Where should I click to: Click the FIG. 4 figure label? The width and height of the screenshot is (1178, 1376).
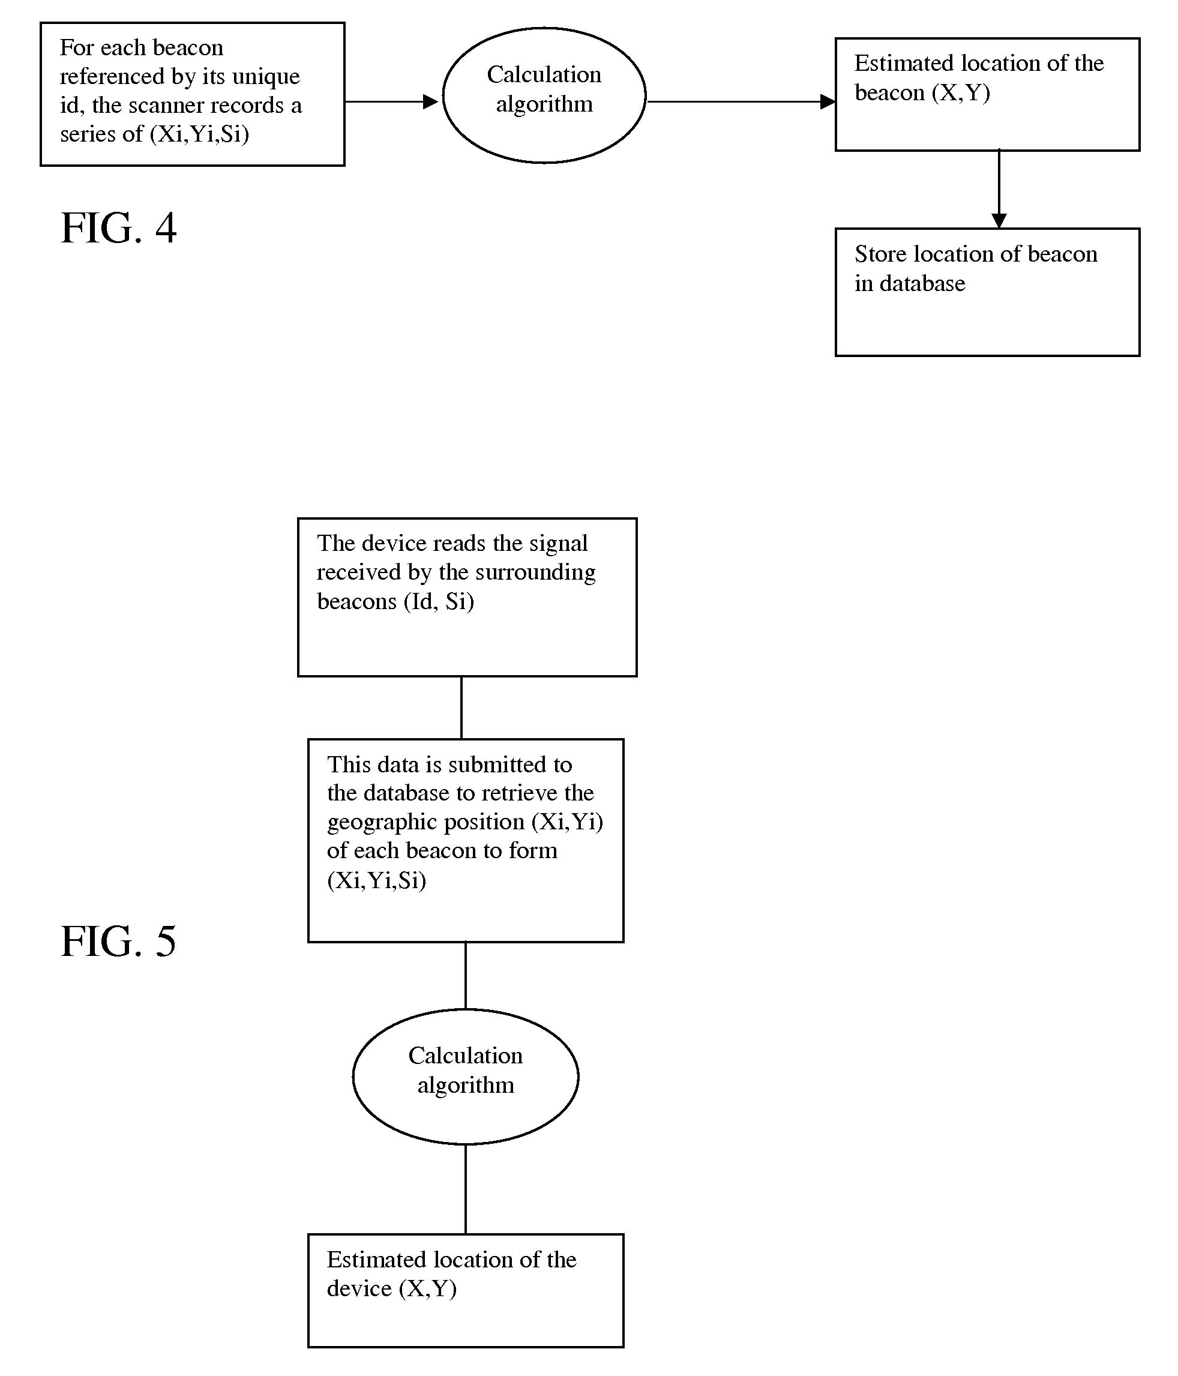coord(118,228)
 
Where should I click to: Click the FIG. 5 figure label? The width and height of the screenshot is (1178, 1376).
coord(118,940)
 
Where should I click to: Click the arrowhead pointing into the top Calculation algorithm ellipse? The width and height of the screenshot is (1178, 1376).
coord(430,101)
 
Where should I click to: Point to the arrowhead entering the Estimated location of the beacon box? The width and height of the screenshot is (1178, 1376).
coord(828,101)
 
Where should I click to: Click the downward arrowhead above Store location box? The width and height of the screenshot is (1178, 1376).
coord(999,220)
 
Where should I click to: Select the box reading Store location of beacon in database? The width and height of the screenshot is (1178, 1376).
coord(987,292)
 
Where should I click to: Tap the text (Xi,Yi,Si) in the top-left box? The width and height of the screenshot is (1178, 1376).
coord(199,134)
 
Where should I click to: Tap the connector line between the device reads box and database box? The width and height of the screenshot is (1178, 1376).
coord(461,708)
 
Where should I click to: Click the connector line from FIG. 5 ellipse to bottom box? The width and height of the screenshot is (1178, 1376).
coord(466,1189)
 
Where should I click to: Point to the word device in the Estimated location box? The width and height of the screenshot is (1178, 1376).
coord(359,1288)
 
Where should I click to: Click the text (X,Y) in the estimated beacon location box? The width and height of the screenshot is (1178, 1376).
coord(961,93)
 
